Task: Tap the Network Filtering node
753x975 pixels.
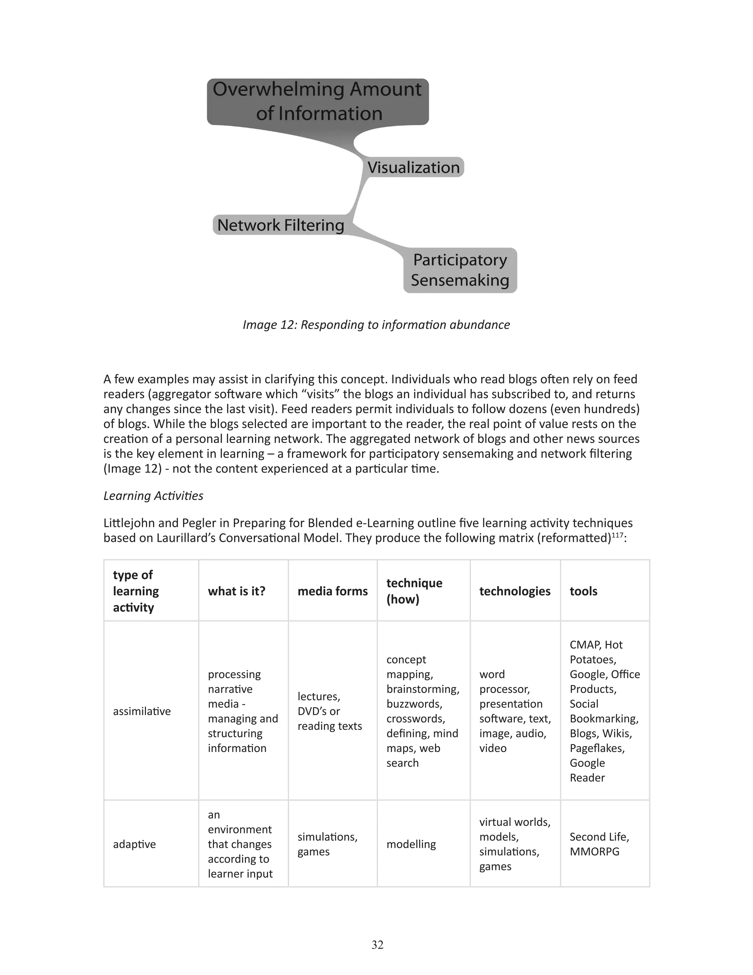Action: click(x=281, y=225)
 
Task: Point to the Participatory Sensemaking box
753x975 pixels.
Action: click(x=460, y=270)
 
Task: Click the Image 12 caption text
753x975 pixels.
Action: click(x=376, y=325)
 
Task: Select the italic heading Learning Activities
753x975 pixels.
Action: click(x=153, y=496)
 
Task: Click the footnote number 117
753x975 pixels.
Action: click(x=617, y=534)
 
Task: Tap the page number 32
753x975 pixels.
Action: click(x=377, y=944)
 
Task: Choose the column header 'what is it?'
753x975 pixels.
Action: click(x=236, y=591)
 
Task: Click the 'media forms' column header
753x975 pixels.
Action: click(x=332, y=591)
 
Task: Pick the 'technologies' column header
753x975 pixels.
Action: click(x=515, y=591)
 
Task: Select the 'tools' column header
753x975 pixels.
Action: click(x=583, y=591)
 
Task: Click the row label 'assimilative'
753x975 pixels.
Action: click(x=142, y=711)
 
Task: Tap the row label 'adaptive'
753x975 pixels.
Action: click(x=134, y=844)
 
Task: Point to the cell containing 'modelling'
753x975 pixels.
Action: click(x=411, y=844)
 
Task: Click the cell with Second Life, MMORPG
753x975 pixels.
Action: click(x=599, y=844)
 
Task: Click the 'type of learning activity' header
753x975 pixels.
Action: click(x=136, y=591)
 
